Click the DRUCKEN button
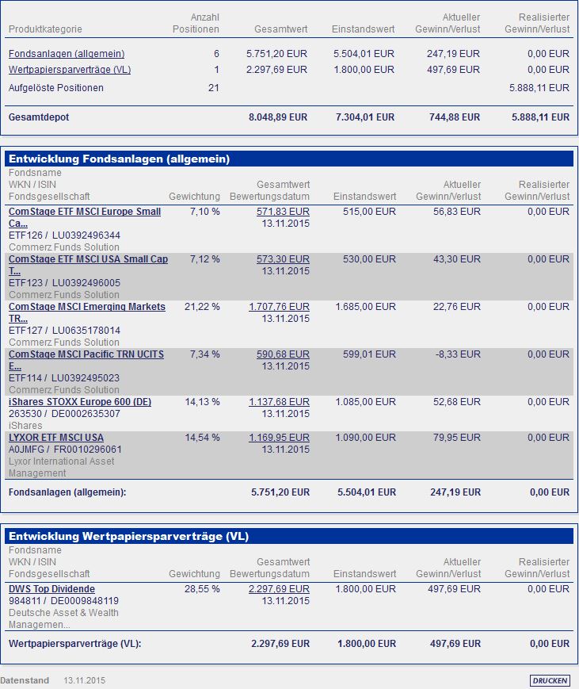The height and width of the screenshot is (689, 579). tap(550, 680)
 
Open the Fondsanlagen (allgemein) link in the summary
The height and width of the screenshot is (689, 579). tap(67, 54)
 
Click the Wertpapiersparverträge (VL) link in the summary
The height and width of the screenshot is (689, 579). tap(70, 70)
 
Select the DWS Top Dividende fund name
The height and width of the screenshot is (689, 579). tap(51, 589)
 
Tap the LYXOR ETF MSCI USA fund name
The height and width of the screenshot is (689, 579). tap(56, 438)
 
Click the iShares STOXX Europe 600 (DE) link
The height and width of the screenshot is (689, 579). tap(80, 402)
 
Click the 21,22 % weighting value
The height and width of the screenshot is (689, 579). tap(202, 307)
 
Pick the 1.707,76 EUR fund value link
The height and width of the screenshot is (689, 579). tap(279, 307)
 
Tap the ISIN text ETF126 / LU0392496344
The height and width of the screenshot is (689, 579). tap(64, 235)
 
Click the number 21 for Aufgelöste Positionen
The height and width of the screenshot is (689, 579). tap(213, 88)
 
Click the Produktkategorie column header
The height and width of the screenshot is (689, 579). tap(45, 29)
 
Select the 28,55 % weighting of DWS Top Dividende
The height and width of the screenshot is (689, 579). tap(202, 589)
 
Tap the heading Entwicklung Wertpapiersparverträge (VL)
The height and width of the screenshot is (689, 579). tap(128, 537)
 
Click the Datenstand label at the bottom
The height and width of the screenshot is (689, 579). tap(25, 680)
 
